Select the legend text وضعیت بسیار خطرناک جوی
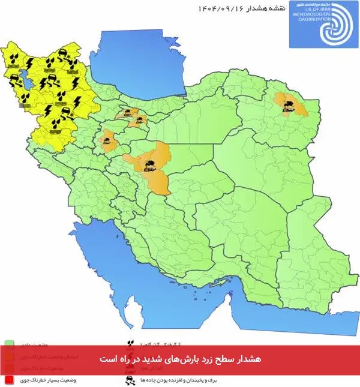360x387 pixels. pyautogui.click(x=37, y=380)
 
